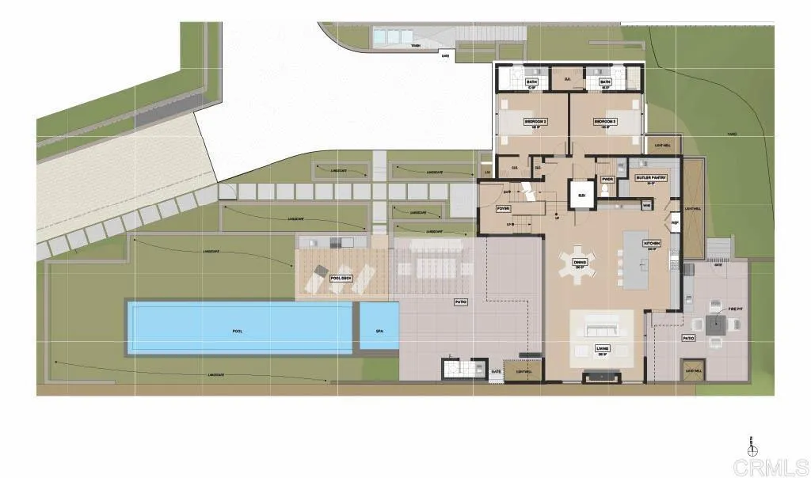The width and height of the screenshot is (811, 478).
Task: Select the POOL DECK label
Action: pyautogui.click(x=341, y=278)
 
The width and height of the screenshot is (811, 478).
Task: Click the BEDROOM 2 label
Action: pyautogui.click(x=536, y=122)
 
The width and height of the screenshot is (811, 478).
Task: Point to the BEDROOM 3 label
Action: pyautogui.click(x=605, y=122)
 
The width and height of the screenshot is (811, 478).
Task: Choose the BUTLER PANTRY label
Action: pyautogui.click(x=652, y=178)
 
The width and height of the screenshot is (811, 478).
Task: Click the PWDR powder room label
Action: pyautogui.click(x=608, y=180)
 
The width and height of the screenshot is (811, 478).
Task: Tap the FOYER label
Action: pyautogui.click(x=502, y=208)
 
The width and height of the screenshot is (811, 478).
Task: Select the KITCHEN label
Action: pyautogui.click(x=654, y=245)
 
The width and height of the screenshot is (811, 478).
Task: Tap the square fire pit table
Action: pyautogui.click(x=720, y=323)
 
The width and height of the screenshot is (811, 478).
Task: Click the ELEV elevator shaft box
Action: pyautogui.click(x=582, y=194)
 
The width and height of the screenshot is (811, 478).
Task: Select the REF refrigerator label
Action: pyautogui.click(x=676, y=223)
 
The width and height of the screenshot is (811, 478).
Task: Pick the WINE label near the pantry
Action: pyautogui.click(x=647, y=206)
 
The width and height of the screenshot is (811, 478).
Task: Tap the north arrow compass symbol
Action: pyautogui.click(x=750, y=448)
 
